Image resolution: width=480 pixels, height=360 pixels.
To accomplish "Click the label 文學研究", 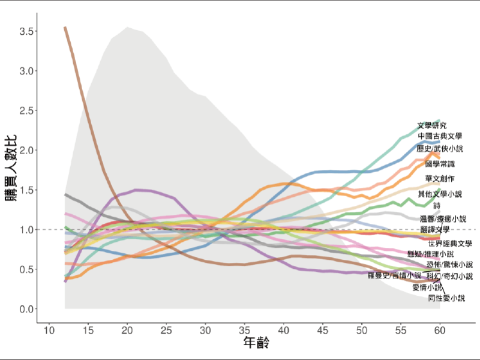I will point(432,126).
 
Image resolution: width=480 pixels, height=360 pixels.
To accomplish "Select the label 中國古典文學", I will point(440,137).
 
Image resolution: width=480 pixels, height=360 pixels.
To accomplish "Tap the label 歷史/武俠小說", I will point(440,148).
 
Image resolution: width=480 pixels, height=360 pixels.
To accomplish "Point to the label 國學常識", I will point(440,164).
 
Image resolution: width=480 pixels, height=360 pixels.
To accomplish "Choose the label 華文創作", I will point(440,179).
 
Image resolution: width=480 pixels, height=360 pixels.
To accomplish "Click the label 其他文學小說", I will point(440,194).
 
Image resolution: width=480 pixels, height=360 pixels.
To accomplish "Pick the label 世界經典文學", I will point(451,244).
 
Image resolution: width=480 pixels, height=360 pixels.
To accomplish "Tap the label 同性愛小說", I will point(446,298).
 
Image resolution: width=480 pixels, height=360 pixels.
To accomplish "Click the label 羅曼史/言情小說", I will point(394,275).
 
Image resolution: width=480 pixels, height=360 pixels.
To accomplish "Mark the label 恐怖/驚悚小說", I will point(449,265).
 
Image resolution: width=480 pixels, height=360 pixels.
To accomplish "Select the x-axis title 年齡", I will point(256,344).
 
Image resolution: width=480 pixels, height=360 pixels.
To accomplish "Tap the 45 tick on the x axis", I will point(323,331).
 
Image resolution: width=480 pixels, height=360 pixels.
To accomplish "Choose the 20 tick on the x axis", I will point(127,331).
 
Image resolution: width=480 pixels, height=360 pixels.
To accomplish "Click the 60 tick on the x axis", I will point(440,331).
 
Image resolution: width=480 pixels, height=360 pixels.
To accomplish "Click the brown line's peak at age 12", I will point(65,28).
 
